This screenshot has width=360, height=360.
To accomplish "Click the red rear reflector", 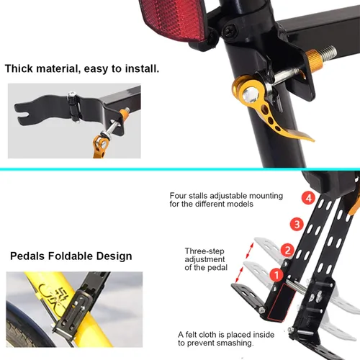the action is tap(173, 20).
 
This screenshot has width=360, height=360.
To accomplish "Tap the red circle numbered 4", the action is tap(308, 198).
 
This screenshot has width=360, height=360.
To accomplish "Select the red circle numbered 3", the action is tap(297, 224).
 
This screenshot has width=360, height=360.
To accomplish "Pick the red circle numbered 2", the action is tap(287, 250).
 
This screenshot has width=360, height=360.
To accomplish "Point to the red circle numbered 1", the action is tap(276, 275).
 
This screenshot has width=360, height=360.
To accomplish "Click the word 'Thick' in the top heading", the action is tap(19, 68).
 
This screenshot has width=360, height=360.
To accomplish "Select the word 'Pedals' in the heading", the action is tap(27, 256).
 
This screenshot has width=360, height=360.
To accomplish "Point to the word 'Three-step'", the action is tap(204, 251).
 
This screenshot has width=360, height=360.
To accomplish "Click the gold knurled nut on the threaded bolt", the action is tap(315, 61).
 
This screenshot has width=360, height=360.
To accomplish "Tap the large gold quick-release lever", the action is tap(266, 108).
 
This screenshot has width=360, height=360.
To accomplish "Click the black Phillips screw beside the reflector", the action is tap(228, 31).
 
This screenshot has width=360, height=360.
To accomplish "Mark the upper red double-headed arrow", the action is tap(250, 251).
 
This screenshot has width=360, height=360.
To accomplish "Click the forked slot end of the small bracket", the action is tap(19, 113).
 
